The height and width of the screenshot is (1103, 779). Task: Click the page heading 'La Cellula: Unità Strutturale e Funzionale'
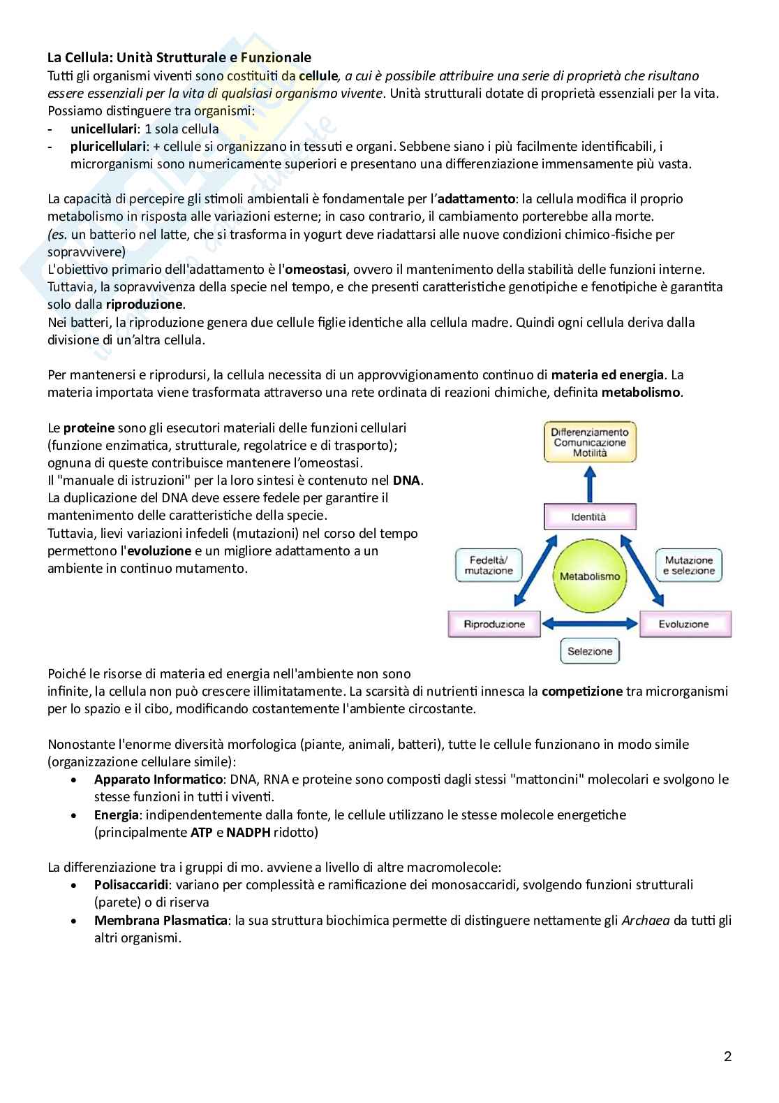click(x=179, y=57)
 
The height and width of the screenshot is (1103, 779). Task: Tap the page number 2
click(x=727, y=1057)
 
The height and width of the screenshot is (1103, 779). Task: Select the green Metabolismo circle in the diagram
click(x=590, y=576)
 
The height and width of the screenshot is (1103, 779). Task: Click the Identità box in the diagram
click(x=589, y=518)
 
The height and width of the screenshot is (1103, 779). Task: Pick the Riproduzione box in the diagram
click(x=494, y=624)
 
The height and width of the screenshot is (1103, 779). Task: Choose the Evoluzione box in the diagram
click(x=685, y=624)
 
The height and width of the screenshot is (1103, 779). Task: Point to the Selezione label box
click(x=590, y=652)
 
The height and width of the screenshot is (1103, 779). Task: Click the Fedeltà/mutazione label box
click(x=489, y=566)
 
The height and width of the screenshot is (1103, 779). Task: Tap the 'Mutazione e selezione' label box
click(x=689, y=566)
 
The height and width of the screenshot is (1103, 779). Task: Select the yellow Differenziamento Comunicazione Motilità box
click(x=590, y=442)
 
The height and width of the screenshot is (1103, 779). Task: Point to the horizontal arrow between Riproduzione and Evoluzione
click(x=590, y=624)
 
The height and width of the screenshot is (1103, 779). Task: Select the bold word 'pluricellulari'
click(x=107, y=147)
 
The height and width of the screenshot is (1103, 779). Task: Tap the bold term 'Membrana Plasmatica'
click(x=161, y=921)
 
